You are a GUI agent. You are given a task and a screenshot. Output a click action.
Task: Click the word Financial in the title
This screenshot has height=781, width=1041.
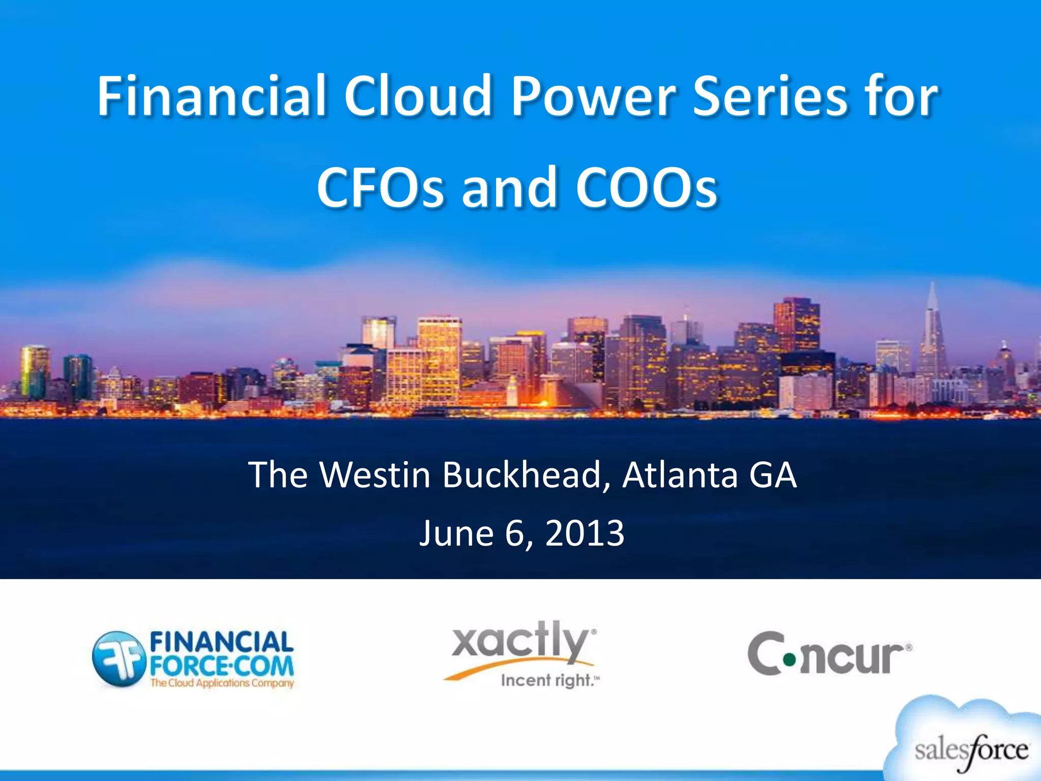click(x=211, y=96)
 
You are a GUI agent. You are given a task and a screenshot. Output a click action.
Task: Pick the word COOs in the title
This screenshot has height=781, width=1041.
click(x=647, y=188)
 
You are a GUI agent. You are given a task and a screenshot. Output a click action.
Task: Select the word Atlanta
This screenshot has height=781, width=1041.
click(x=680, y=475)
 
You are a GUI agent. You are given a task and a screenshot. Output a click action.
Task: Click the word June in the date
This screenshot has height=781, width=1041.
click(x=456, y=533)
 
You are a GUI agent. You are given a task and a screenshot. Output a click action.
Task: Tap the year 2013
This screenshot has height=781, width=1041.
click(x=585, y=533)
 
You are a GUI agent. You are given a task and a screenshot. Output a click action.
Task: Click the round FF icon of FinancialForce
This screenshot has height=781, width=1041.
click(x=117, y=658)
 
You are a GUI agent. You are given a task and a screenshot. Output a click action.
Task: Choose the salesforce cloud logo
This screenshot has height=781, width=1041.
click(x=968, y=745)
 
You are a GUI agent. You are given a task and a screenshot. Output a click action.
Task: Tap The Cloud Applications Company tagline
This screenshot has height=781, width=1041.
click(x=222, y=683)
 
